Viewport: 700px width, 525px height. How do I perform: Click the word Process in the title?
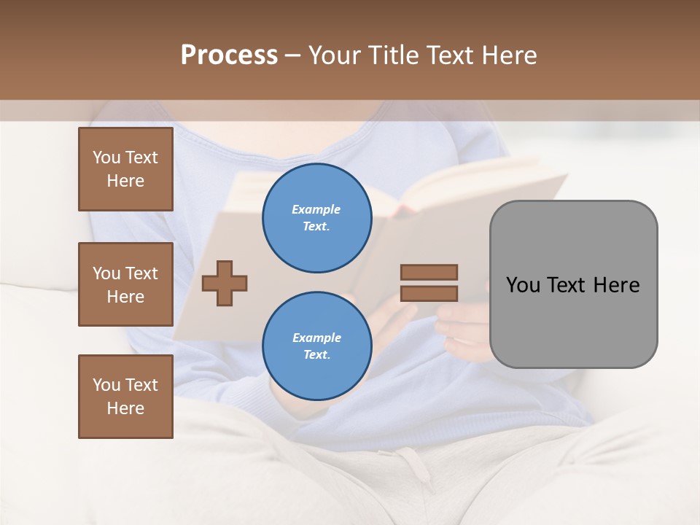pyautogui.click(x=229, y=55)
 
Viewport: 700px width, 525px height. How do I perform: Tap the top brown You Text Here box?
pyautogui.click(x=125, y=169)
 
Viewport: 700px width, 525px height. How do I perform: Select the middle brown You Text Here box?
pyautogui.click(x=125, y=284)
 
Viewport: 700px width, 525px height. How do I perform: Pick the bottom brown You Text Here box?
pyautogui.click(x=125, y=397)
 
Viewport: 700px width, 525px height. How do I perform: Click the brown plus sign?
pyautogui.click(x=225, y=283)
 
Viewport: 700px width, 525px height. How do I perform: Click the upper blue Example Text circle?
pyautogui.click(x=316, y=218)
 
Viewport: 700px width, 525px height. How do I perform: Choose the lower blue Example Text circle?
pyautogui.click(x=316, y=346)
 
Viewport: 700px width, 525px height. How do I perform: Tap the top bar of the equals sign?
pyautogui.click(x=429, y=272)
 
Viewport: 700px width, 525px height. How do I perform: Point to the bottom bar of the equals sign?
pyautogui.click(x=429, y=293)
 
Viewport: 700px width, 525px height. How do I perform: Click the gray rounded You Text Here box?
pyautogui.click(x=573, y=284)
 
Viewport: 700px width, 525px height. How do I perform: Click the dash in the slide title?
pyautogui.click(x=293, y=55)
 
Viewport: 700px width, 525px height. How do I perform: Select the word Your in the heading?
pyautogui.click(x=335, y=55)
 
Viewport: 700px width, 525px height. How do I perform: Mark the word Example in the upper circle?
pyautogui.click(x=316, y=209)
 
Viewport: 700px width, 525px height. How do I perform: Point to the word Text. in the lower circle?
pyautogui.click(x=316, y=355)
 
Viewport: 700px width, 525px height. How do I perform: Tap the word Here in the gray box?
pyautogui.click(x=617, y=284)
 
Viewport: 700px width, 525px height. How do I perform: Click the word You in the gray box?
pyautogui.click(x=524, y=284)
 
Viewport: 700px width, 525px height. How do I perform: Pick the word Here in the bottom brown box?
pyautogui.click(x=125, y=408)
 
